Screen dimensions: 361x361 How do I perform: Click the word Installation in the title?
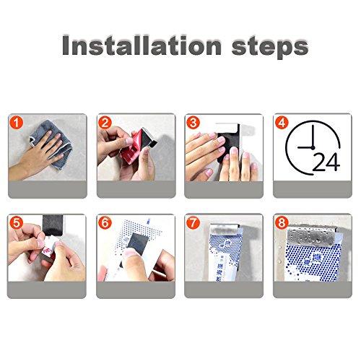tap(142, 45)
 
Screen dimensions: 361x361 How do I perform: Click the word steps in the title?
tap(270, 48)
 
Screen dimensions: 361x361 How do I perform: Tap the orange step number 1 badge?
tap(17, 123)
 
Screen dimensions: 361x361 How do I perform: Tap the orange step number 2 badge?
tap(105, 123)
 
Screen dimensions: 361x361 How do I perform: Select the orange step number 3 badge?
tap(193, 123)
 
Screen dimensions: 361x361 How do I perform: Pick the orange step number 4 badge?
tap(282, 123)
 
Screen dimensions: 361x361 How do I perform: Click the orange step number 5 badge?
tap(17, 223)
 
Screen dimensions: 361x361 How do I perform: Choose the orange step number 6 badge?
tap(105, 223)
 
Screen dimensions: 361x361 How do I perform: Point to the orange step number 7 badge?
tap(193, 223)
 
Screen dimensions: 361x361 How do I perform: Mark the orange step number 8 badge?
tap(282, 223)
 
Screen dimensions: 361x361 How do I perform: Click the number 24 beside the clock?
tap(326, 162)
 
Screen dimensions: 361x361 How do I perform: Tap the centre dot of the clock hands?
tap(313, 147)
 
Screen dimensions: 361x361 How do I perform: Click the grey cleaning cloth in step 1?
tap(51, 144)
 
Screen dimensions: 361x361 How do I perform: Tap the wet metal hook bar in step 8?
tap(311, 235)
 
